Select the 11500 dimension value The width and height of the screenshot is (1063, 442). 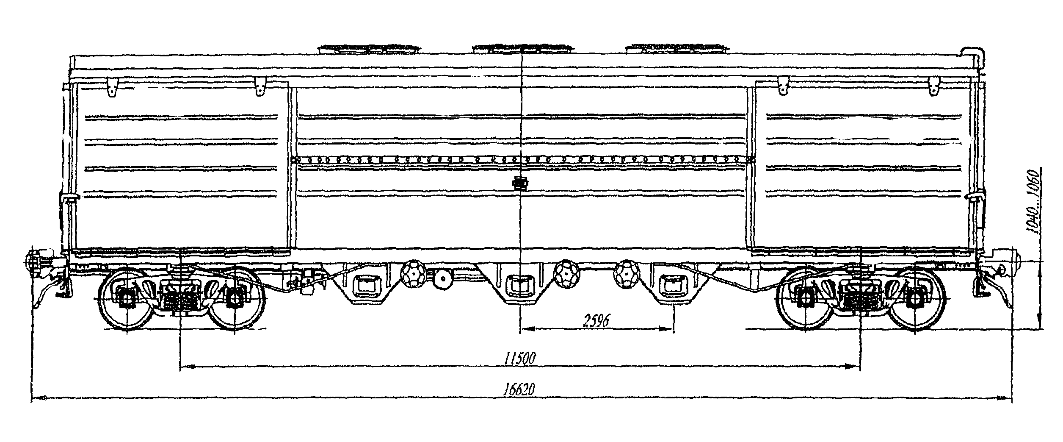(520, 359)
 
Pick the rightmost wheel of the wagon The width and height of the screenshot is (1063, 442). (915, 298)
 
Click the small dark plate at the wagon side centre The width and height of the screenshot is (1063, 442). (520, 184)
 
